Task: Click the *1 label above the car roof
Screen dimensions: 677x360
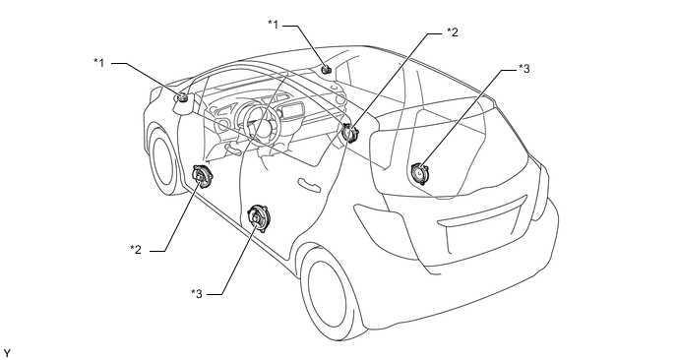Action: (274, 25)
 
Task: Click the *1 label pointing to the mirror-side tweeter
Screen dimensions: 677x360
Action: (99, 63)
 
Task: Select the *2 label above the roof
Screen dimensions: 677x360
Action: (452, 31)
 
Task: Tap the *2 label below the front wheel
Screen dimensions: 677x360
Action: (136, 250)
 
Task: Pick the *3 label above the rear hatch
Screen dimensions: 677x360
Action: (523, 68)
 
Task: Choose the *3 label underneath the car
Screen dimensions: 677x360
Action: (197, 294)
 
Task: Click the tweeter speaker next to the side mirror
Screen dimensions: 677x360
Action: (183, 98)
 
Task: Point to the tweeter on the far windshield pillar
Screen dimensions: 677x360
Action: (327, 69)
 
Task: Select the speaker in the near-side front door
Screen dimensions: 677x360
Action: (202, 177)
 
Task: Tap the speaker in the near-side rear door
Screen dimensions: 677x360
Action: (258, 218)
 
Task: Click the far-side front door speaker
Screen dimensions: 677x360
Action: (350, 133)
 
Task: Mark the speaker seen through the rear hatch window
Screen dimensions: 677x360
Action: (419, 173)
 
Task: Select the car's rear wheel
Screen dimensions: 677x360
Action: (331, 292)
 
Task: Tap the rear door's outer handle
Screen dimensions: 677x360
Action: (309, 183)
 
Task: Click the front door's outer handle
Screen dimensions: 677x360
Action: (234, 150)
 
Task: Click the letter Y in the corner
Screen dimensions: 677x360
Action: (6, 353)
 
